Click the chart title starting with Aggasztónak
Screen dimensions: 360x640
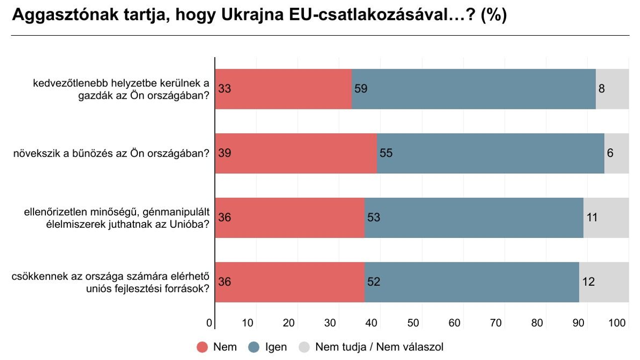point(259,15)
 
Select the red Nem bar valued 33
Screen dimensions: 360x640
point(283,89)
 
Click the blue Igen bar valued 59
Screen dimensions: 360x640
point(474,89)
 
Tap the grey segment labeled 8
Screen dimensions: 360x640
point(612,89)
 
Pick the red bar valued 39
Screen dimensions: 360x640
point(296,153)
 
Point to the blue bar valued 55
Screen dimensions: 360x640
point(491,153)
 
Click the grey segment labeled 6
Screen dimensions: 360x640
point(617,153)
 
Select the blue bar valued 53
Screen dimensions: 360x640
point(474,218)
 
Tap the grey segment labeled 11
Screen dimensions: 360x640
point(606,218)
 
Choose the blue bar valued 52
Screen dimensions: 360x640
point(472,282)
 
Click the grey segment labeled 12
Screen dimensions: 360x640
point(604,282)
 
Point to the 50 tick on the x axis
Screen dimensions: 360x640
point(413,323)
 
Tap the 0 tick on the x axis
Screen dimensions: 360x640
point(209,323)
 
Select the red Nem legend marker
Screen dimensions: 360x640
point(202,347)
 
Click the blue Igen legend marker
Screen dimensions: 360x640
point(254,347)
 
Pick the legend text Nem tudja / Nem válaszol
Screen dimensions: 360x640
point(379,347)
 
